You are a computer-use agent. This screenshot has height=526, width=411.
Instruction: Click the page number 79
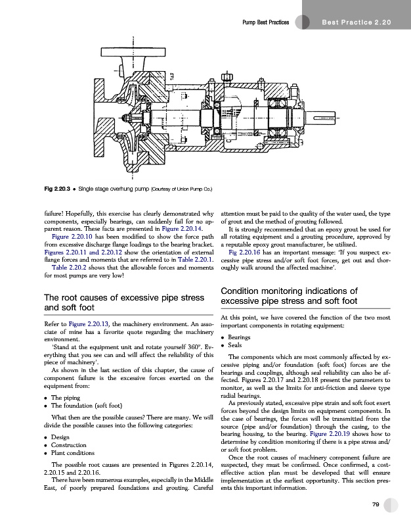376,504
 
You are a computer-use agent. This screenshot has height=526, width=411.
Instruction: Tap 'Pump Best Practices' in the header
266,23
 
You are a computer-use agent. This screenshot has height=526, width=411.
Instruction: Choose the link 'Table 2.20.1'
193,253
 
